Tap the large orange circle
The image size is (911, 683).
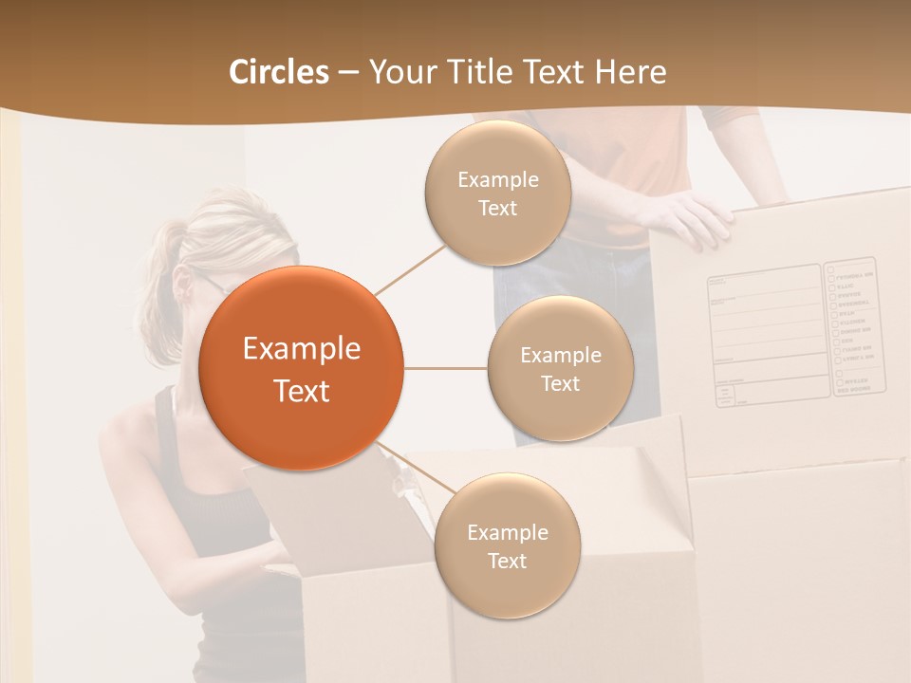point(302,368)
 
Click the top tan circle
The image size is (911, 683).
point(497,194)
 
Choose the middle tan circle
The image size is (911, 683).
point(560,369)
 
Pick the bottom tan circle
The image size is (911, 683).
point(507,546)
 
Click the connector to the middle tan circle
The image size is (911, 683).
point(445,368)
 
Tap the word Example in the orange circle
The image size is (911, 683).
point(302,349)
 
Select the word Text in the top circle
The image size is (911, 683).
point(497,209)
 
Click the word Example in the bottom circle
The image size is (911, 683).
point(507,532)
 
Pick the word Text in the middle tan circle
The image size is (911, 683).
point(560,384)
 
